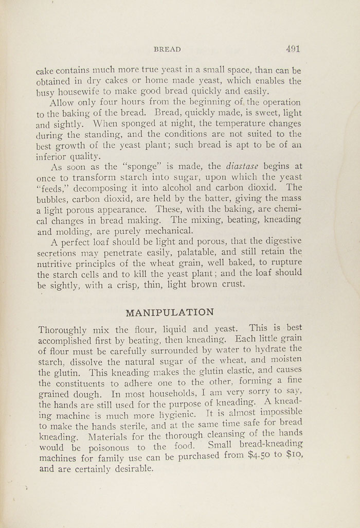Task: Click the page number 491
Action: tap(293, 49)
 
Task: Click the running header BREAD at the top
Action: tap(167, 50)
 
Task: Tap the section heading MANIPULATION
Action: tap(170, 312)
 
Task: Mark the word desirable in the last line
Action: tap(129, 469)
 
